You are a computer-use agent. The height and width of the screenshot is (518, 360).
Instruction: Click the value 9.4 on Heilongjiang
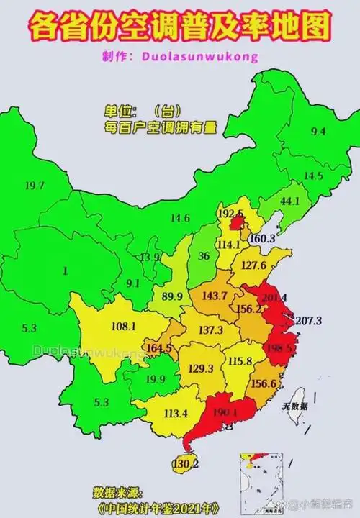(318, 131)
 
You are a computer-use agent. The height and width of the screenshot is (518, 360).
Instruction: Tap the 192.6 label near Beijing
(230, 214)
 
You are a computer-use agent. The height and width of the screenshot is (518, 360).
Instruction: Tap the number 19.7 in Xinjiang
(34, 186)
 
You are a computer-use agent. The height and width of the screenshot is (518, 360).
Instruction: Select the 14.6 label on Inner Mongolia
(179, 218)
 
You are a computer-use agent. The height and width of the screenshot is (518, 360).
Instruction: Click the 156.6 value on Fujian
(264, 383)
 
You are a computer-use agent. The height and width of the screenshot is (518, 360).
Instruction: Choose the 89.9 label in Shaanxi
(172, 296)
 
